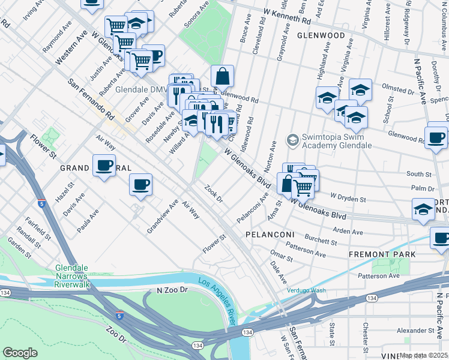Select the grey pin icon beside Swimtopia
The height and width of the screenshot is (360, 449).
point(292,140)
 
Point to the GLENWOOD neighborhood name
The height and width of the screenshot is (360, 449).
point(321,35)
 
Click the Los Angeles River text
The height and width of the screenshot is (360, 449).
point(219,296)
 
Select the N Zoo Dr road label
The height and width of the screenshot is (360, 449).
point(172,290)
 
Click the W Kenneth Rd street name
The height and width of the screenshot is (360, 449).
point(288,16)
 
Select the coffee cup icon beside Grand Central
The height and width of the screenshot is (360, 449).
point(104,166)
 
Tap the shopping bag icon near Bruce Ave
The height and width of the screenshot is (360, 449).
point(222,77)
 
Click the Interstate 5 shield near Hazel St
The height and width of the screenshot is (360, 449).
point(41,204)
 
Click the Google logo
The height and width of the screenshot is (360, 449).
point(20,352)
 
